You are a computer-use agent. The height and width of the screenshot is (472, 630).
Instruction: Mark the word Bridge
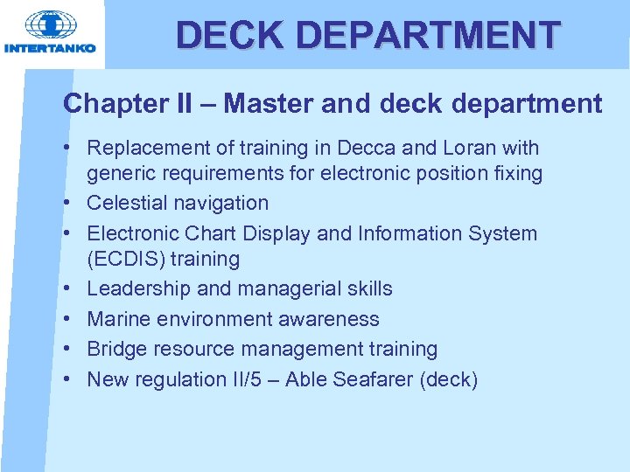tap(117, 349)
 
